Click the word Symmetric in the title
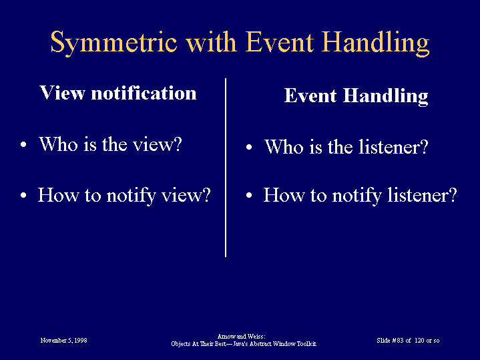[113, 43]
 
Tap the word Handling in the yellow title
[376, 43]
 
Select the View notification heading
[118, 93]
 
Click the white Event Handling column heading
[356, 96]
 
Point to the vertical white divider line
[226, 167]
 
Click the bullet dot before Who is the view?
[23, 145]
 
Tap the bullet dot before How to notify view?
[23, 195]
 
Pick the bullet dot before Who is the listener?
[249, 147]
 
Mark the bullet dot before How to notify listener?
[249, 195]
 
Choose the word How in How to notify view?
[58, 194]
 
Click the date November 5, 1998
[63, 341]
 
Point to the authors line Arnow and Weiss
[241, 337]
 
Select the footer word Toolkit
[306, 344]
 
